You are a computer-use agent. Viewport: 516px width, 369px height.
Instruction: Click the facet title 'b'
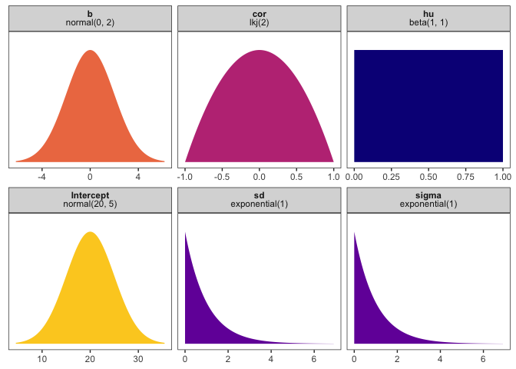[90, 14]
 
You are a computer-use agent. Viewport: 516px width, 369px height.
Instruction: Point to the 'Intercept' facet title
[90, 195]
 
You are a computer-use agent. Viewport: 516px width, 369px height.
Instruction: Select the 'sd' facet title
[260, 195]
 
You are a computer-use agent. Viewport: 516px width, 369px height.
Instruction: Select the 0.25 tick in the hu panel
[392, 176]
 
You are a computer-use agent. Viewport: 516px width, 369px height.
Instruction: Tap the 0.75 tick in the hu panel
[466, 176]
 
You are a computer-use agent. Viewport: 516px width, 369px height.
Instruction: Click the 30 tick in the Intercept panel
[138, 357]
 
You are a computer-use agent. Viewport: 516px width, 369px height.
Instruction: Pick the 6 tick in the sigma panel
[483, 357]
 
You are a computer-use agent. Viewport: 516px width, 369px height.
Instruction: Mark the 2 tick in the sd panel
[228, 357]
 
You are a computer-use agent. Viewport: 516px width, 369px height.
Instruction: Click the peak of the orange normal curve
[90, 52]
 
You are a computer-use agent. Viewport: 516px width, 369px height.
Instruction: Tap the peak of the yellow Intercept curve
[90, 232]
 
